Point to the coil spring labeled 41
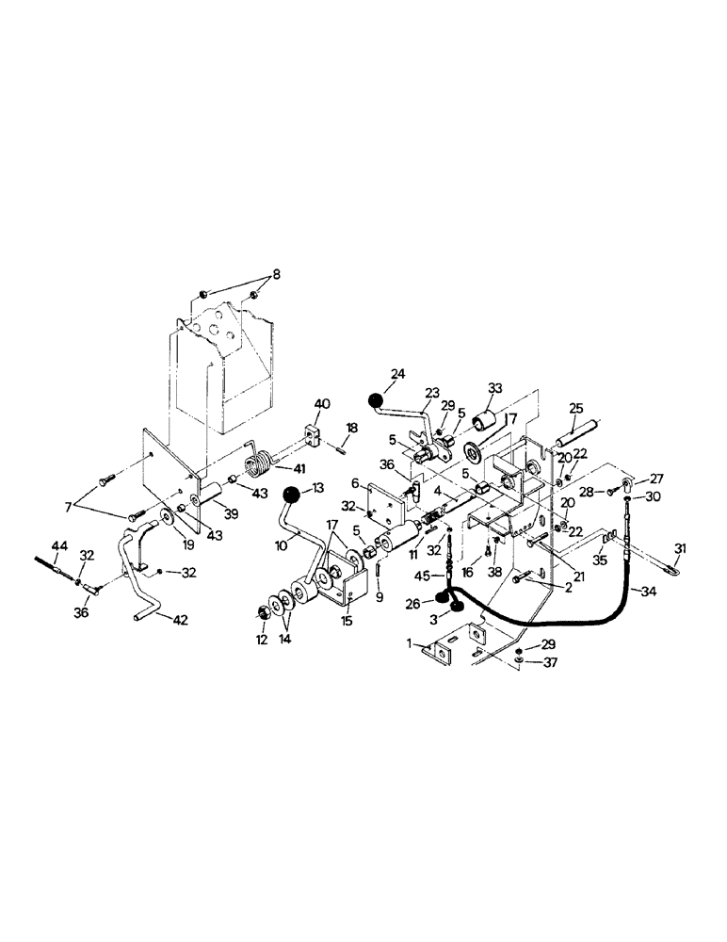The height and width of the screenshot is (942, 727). (x=257, y=463)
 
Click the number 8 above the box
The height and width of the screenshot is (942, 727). (x=275, y=274)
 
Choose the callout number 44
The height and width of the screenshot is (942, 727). (x=59, y=546)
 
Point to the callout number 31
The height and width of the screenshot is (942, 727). (x=681, y=550)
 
